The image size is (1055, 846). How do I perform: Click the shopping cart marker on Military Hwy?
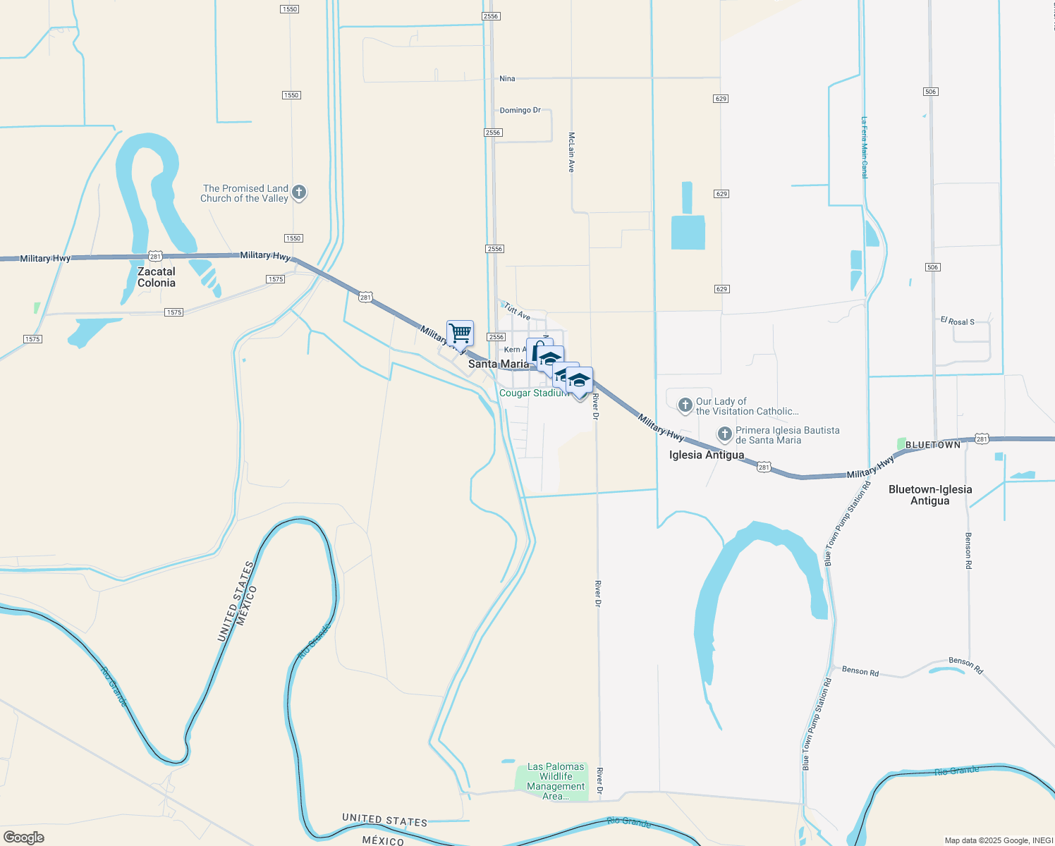tap(460, 333)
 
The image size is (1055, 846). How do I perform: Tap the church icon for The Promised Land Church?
tap(299, 192)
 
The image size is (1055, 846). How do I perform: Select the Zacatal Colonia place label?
tap(157, 277)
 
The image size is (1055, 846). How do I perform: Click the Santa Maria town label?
tap(498, 364)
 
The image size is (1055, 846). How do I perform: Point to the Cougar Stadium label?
tap(533, 393)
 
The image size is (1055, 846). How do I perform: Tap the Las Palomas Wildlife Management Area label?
tap(556, 781)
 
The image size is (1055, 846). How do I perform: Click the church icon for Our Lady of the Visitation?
tap(685, 405)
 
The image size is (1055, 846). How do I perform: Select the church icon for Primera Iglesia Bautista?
tap(724, 434)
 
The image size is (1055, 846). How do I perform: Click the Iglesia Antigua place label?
tap(706, 455)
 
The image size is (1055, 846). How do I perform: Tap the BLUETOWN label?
tap(932, 445)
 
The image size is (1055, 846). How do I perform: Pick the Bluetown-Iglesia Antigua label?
tap(930, 495)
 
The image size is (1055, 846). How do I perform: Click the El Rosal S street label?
tap(957, 321)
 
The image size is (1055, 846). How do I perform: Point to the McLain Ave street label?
tap(571, 152)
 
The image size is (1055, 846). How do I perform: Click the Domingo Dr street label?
tap(520, 111)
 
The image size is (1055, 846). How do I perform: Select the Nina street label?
tap(507, 79)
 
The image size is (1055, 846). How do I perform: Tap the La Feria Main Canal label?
tap(864, 147)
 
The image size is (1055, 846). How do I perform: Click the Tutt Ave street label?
tap(517, 311)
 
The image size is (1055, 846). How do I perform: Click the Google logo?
tap(24, 838)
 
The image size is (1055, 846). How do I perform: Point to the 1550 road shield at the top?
tap(290, 9)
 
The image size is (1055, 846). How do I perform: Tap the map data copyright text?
tap(998, 840)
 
